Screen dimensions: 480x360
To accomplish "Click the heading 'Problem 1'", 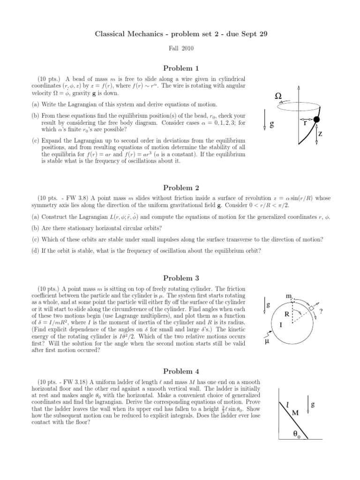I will pos(180,68).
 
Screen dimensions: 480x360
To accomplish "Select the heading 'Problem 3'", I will pos(180,278).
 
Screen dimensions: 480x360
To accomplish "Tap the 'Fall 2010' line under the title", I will pos(180,48).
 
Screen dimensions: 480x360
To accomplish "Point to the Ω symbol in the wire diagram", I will pos(278,96).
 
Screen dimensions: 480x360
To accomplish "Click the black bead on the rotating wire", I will pos(316,120).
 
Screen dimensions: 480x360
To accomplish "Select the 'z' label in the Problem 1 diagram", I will pos(320,134).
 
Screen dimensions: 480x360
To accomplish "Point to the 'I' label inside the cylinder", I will pos(280,323).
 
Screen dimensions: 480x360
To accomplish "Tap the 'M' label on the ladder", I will pos(295,413).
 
